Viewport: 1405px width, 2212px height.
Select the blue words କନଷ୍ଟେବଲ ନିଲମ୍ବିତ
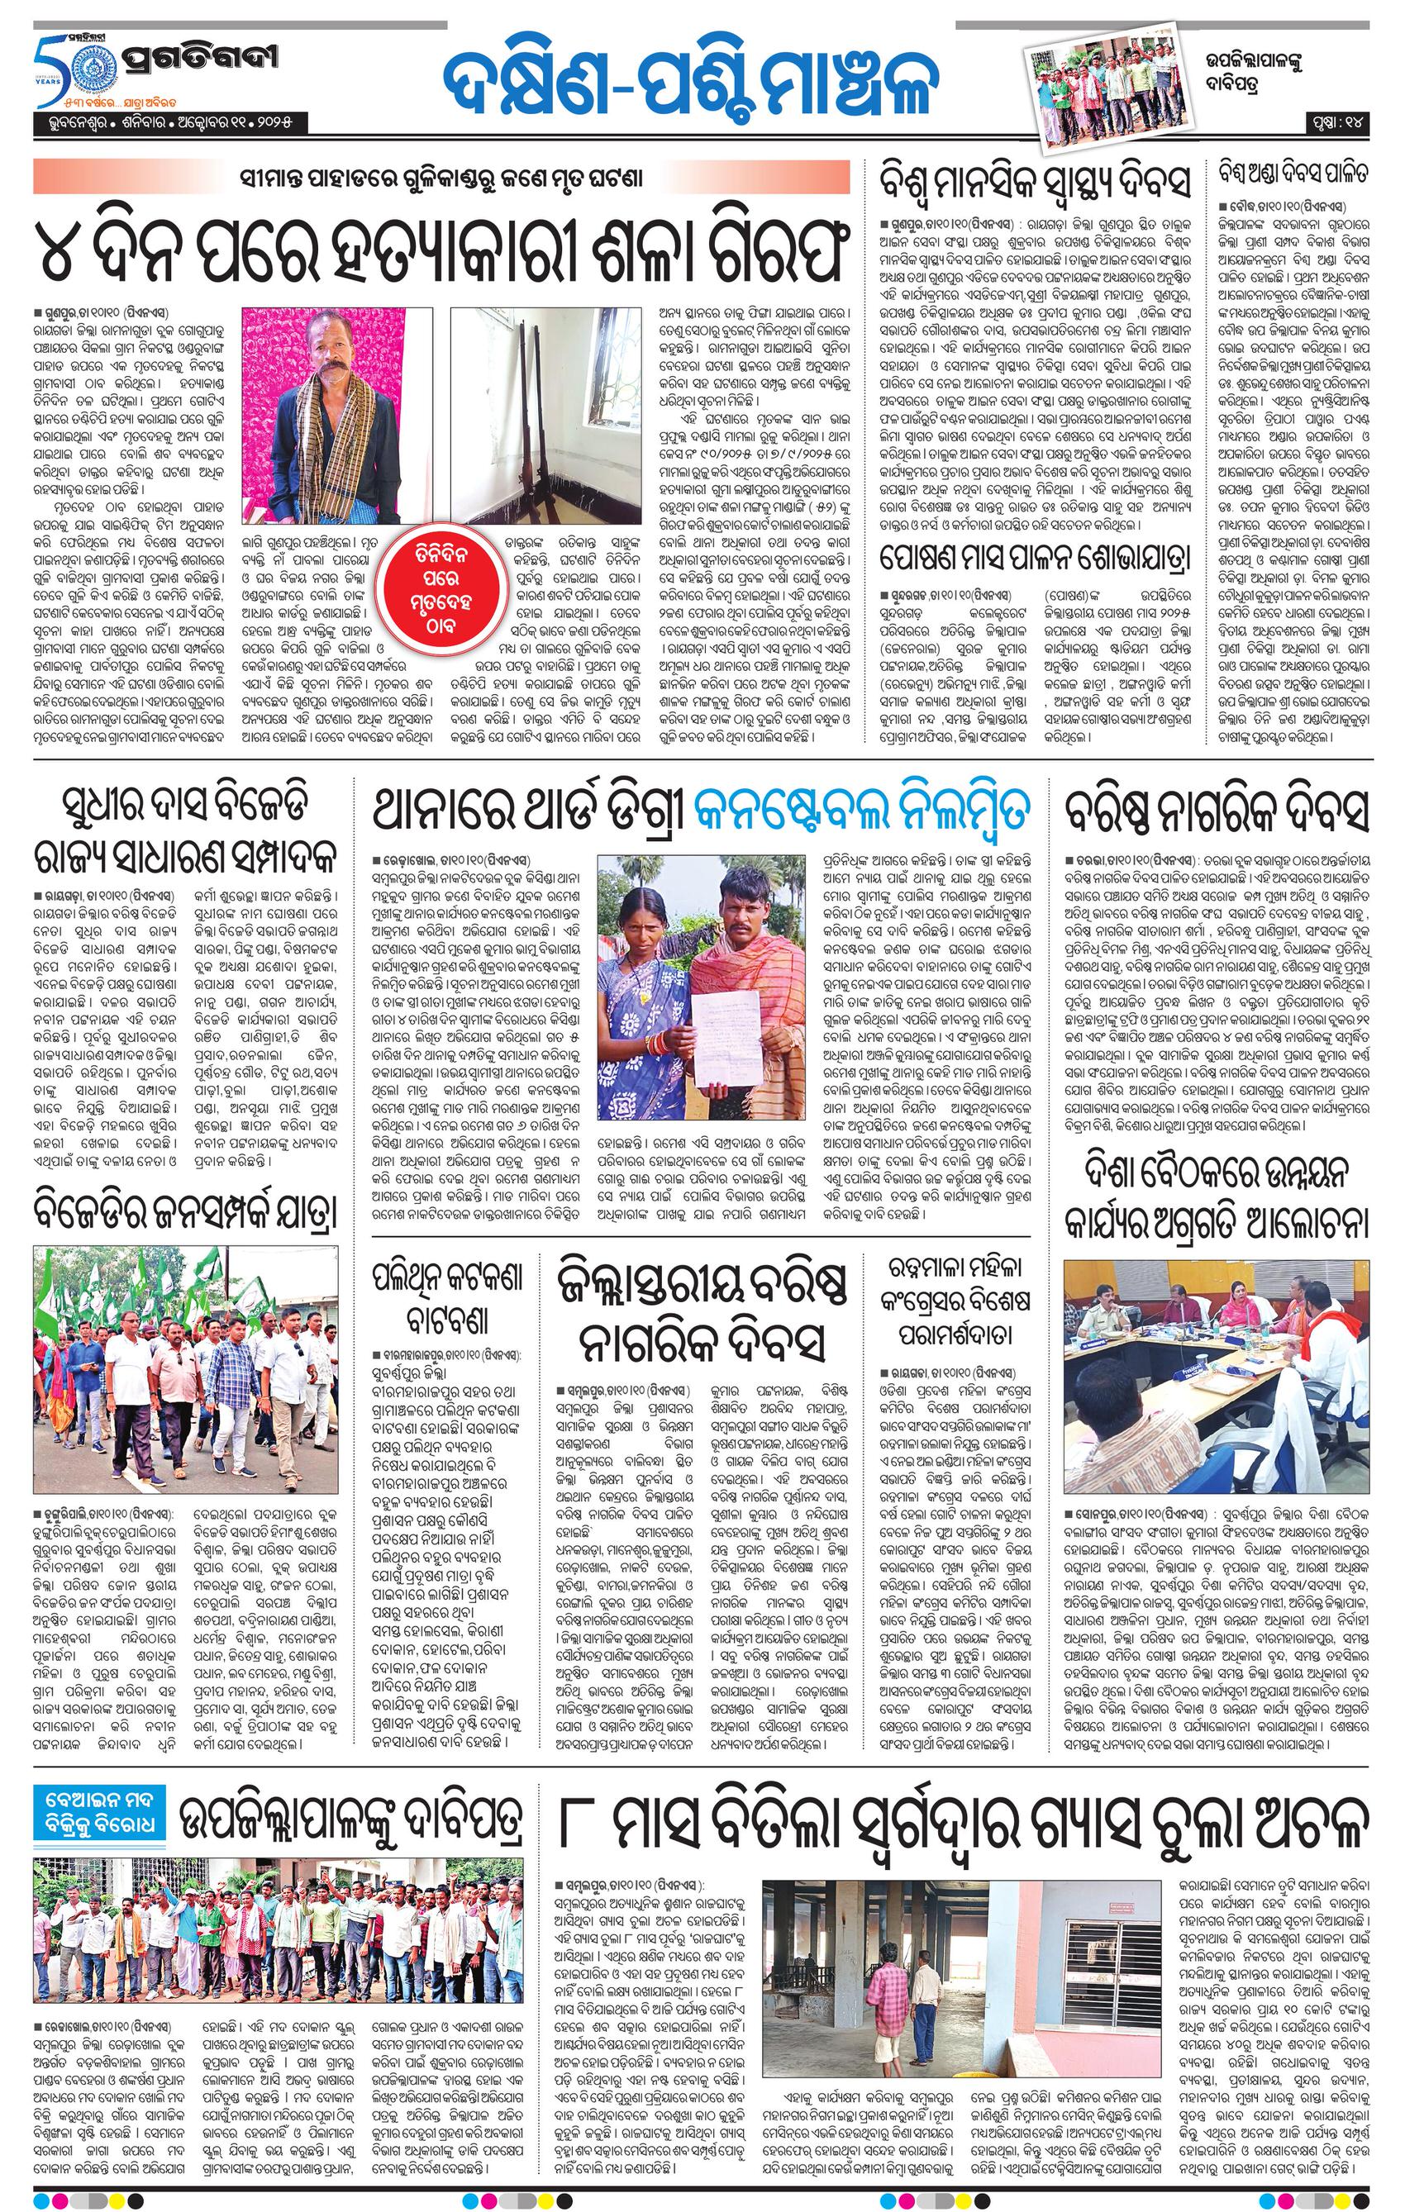(x=863, y=809)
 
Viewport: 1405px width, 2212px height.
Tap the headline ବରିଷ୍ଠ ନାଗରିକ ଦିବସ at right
(x=1217, y=811)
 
